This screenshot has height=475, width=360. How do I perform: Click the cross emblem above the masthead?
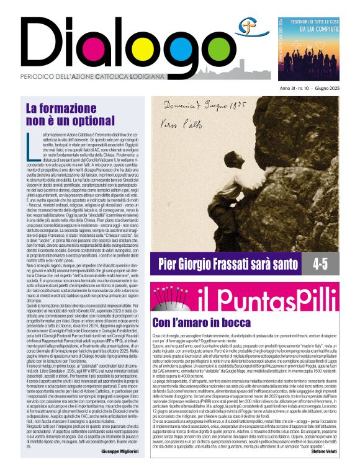248,25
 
